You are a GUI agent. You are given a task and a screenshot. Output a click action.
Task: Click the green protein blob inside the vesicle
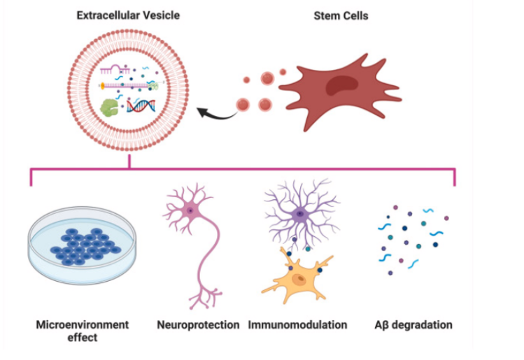(x=111, y=107)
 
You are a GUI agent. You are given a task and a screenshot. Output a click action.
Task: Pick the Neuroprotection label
(x=198, y=325)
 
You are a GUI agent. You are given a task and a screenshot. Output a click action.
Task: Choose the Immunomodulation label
(x=297, y=325)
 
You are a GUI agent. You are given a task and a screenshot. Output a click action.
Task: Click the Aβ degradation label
(x=413, y=325)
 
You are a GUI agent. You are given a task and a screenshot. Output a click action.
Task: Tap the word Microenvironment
(x=83, y=325)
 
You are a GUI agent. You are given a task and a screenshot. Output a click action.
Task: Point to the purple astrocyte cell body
(x=299, y=214)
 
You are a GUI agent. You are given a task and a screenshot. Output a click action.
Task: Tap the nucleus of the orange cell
(x=299, y=280)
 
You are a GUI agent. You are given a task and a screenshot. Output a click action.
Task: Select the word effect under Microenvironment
(x=83, y=338)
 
